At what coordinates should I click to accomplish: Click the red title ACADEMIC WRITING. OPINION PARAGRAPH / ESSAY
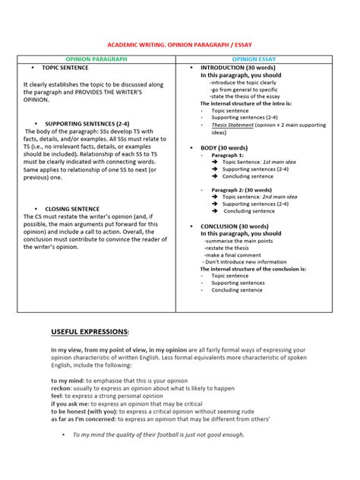[180, 45]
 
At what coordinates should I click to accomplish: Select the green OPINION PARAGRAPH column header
[96, 58]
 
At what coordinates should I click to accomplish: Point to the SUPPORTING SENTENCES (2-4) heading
[82, 123]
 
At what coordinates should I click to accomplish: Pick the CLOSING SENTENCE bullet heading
[72, 208]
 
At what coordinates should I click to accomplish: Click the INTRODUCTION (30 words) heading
[238, 68]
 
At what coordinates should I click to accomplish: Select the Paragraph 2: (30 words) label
[241, 189]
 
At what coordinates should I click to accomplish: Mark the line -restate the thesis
[229, 248]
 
